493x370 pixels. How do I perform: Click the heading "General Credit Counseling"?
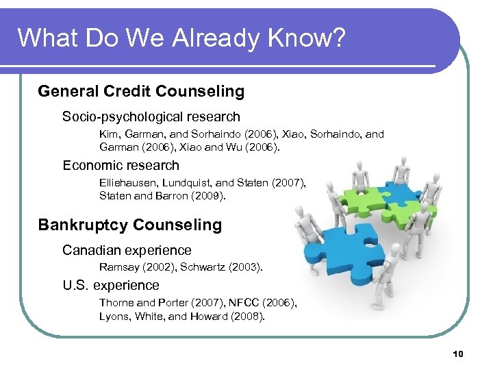(141, 91)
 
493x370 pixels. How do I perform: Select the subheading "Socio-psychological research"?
(151, 116)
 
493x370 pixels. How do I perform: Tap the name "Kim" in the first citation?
(108, 134)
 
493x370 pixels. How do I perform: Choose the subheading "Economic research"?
(121, 165)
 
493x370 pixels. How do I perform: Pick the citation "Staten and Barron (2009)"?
(162, 195)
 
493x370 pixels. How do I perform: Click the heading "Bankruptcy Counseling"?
(130, 225)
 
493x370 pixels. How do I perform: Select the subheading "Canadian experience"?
(127, 250)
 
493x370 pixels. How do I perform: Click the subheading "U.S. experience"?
(111, 285)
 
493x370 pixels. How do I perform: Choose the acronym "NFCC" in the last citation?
(242, 303)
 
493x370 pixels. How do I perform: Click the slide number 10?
(458, 354)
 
